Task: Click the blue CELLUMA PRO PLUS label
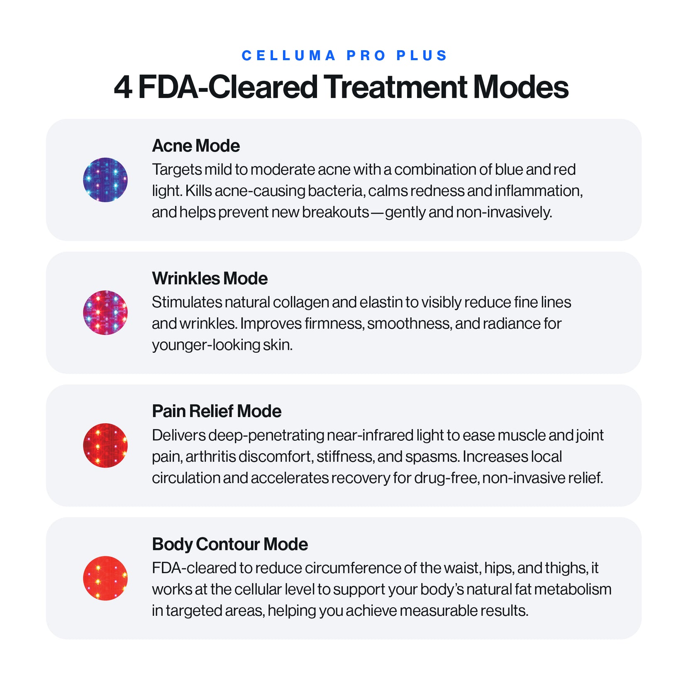(x=344, y=56)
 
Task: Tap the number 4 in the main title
(x=123, y=87)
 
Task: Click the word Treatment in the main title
(x=395, y=87)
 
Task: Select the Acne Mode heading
(x=196, y=146)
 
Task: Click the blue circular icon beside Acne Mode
(x=105, y=180)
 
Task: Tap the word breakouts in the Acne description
(x=335, y=212)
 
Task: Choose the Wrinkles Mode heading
(x=210, y=278)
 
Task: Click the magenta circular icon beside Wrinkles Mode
(x=105, y=312)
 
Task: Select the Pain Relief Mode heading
(x=217, y=411)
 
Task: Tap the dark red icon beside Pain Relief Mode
(x=105, y=445)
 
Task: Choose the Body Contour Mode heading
(x=230, y=544)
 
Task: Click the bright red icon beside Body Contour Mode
(x=105, y=578)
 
